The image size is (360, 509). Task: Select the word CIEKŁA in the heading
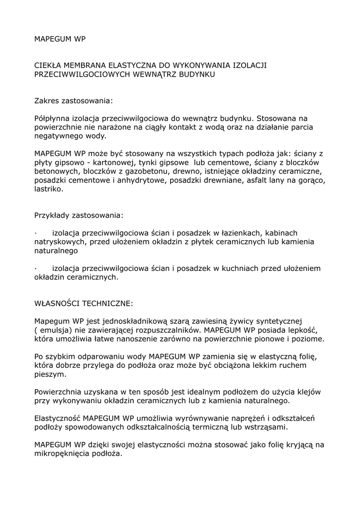click(49, 65)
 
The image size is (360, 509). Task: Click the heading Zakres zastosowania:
click(73, 101)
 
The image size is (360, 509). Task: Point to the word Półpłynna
click(53, 118)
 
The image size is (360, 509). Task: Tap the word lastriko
click(48, 189)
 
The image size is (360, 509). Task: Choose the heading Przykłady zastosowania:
click(78, 216)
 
